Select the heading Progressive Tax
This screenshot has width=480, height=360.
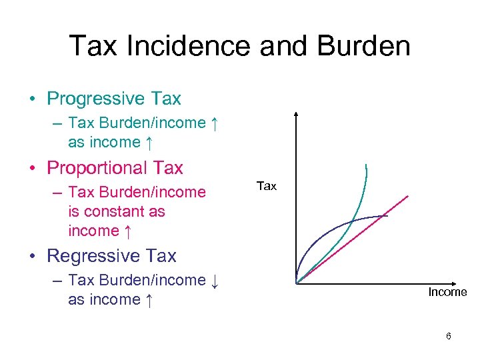114,99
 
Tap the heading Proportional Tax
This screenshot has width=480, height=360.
115,168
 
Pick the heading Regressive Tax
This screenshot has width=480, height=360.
112,256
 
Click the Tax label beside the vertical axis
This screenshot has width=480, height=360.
266,186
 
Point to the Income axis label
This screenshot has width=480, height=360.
447,292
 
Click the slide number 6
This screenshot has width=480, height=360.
449,336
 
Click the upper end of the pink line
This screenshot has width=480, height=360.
407,195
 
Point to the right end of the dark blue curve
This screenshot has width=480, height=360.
387,215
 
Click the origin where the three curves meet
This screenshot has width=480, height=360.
297,282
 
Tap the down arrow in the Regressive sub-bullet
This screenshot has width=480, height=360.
214,281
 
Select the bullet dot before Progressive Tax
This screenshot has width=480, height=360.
32,99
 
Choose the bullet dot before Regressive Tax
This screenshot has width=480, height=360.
32,257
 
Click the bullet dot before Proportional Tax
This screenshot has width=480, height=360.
32,169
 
